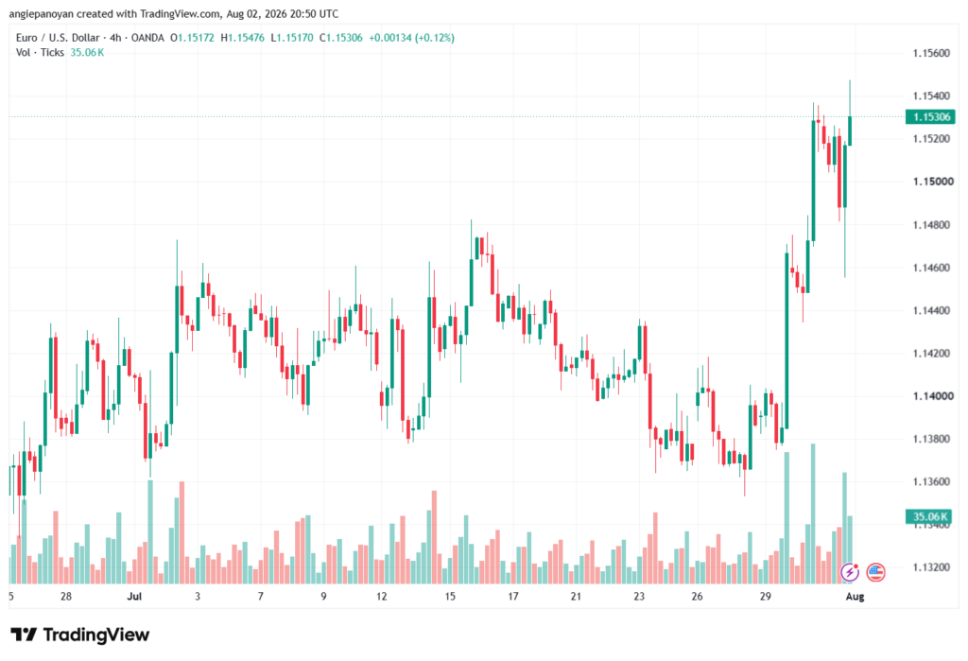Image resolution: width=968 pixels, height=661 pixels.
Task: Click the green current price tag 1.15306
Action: click(930, 116)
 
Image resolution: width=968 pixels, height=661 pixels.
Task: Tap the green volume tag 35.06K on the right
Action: click(930, 516)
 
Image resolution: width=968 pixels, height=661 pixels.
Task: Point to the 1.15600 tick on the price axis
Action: click(931, 53)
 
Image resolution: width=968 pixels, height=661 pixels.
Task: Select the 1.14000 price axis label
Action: click(931, 396)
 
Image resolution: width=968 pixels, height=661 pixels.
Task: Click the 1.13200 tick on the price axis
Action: click(931, 567)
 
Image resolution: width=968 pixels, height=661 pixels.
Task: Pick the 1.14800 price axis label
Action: click(931, 225)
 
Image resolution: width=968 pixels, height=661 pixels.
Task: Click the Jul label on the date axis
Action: click(134, 596)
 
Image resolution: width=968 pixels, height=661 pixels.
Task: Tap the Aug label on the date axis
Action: click(855, 596)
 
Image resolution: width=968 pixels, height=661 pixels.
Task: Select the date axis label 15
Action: click(450, 596)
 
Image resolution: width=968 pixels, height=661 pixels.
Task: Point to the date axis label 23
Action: click(639, 596)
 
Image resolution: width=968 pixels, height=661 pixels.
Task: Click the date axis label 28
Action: click(66, 596)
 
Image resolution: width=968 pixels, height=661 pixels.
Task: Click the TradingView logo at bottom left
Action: click(80, 635)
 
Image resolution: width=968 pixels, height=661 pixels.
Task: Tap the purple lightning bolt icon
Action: click(850, 572)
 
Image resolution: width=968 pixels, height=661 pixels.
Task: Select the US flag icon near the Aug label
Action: click(875, 572)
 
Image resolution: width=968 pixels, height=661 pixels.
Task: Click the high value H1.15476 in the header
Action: click(243, 38)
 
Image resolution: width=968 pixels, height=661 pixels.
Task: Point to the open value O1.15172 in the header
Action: click(193, 38)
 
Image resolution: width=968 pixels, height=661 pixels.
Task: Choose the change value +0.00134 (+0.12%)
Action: click(412, 38)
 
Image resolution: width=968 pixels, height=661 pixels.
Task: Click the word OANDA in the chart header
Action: click(147, 38)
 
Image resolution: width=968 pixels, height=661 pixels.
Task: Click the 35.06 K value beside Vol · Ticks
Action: click(87, 53)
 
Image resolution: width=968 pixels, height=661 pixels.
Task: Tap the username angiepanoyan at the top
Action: click(42, 13)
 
